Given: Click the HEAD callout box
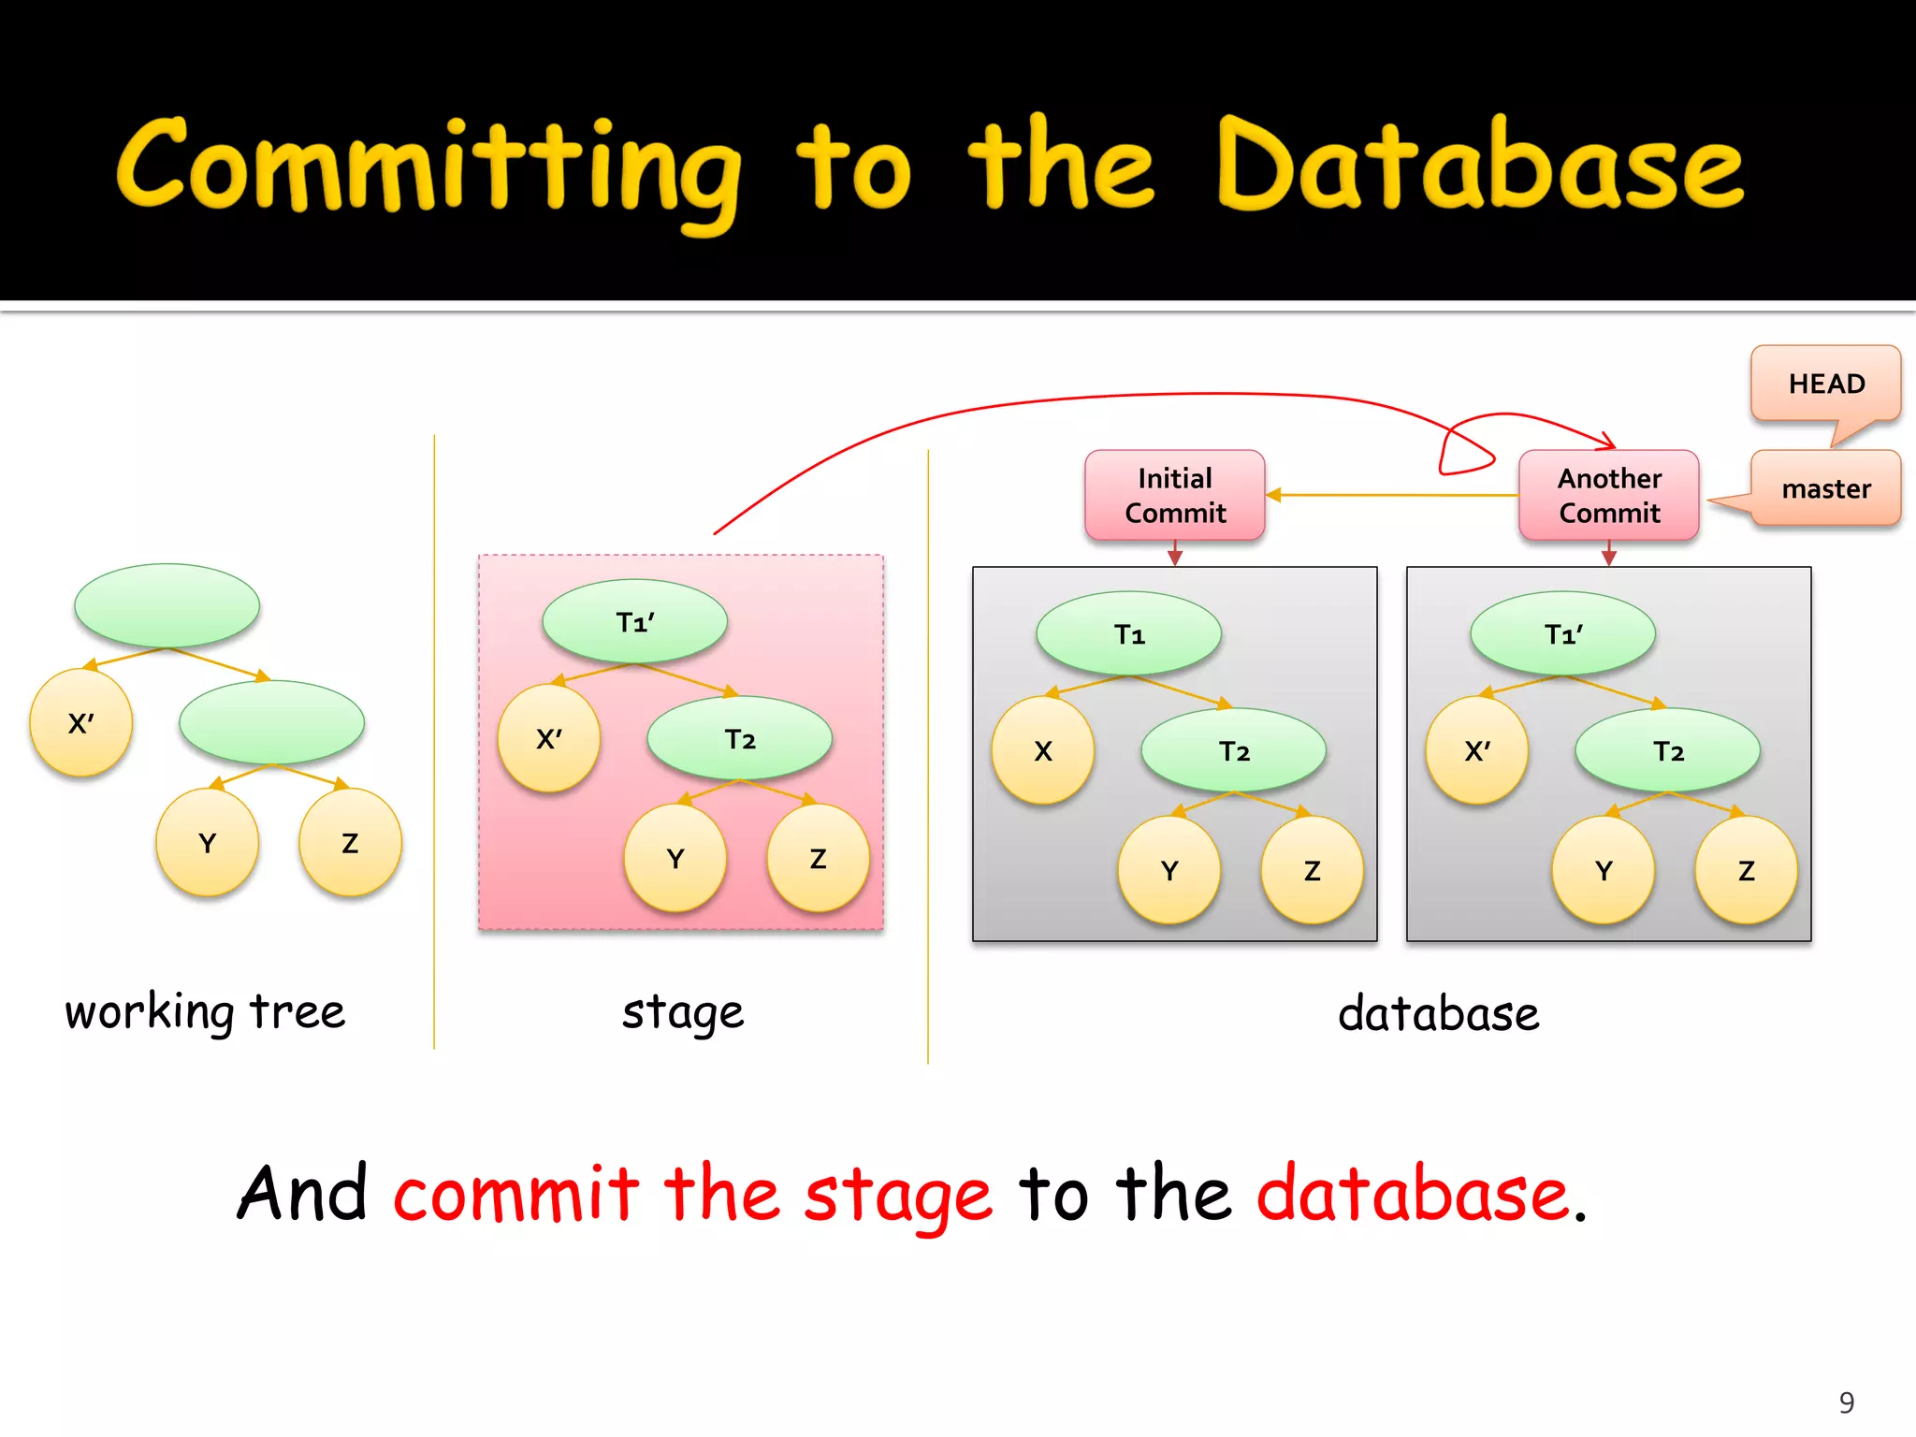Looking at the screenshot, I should click(1825, 384).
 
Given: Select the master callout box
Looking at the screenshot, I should click(1825, 488).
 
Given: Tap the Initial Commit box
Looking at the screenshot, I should click(1175, 496).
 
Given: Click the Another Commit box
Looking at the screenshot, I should click(1609, 496).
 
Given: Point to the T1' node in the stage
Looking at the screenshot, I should click(635, 622).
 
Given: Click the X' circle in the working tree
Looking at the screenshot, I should click(81, 723).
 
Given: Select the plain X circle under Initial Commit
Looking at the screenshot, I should click(1043, 751).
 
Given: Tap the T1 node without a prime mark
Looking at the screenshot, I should click(1129, 634).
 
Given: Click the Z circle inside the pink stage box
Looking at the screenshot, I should click(818, 859).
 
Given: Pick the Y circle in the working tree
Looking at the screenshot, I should click(208, 843).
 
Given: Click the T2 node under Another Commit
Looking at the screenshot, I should click(1668, 751).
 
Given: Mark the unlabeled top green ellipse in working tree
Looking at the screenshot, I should click(167, 605).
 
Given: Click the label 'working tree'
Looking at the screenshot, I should click(205, 1012).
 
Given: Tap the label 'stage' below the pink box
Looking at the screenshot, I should click(683, 1013).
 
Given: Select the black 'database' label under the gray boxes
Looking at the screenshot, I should click(1438, 1014).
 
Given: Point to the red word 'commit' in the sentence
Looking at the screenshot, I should click(515, 1195).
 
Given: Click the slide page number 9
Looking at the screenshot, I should click(1846, 1402).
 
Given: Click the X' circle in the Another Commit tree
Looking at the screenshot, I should click(1477, 751).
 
